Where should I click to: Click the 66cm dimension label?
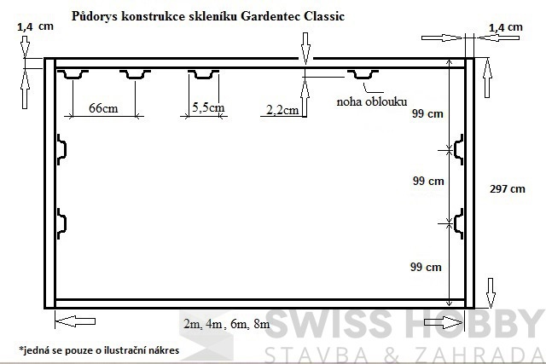[x=103, y=108]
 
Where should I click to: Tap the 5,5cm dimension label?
[x=208, y=107]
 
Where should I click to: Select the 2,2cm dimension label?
[x=282, y=110]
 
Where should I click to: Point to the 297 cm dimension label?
[x=508, y=189]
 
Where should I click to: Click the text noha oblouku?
[x=372, y=101]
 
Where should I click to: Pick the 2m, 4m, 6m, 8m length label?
[x=227, y=324]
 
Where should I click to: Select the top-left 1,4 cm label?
[x=35, y=26]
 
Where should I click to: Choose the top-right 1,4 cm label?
[x=506, y=27]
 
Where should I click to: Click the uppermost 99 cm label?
[x=427, y=113]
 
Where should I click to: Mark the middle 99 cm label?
[x=428, y=181]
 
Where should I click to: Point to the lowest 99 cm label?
[x=426, y=267]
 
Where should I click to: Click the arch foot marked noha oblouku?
[x=363, y=74]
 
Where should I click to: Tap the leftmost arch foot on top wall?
[x=73, y=74]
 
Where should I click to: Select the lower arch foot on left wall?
[x=61, y=223]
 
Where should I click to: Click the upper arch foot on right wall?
[x=459, y=150]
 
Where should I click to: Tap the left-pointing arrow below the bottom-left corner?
[x=75, y=321]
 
